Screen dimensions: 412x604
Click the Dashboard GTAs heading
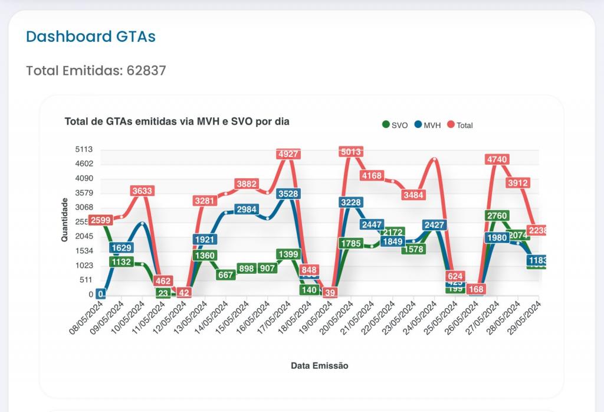[x=91, y=37]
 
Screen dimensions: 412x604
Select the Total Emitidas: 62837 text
[x=96, y=71]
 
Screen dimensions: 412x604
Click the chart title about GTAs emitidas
[x=177, y=122]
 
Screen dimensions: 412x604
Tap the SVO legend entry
[x=395, y=125]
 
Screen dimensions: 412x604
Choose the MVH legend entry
[x=428, y=125]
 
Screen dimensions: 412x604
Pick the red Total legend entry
[x=460, y=125]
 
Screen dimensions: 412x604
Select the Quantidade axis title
[x=65, y=220]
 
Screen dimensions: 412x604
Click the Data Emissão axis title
[x=320, y=366]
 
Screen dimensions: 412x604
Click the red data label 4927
[x=288, y=154]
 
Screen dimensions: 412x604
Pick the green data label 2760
[x=497, y=216]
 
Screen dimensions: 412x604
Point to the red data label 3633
[x=142, y=191]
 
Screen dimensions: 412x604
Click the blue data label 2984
[x=246, y=210]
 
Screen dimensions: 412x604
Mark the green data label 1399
[x=288, y=254]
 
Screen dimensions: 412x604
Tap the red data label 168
[x=476, y=289]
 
